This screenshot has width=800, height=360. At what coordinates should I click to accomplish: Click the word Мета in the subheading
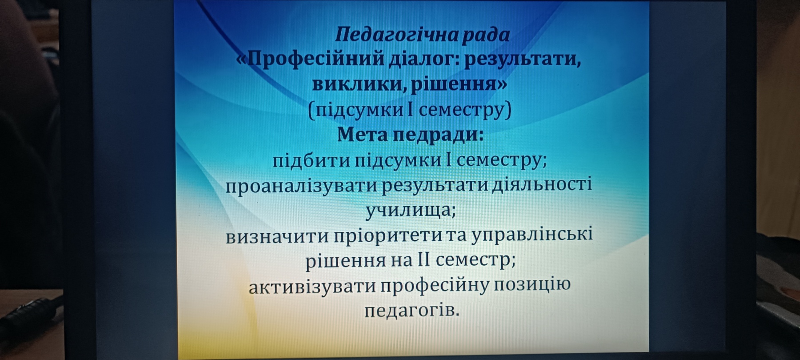pyautogui.click(x=364, y=135)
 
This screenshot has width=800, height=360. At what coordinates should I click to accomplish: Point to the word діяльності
pyautogui.click(x=542, y=184)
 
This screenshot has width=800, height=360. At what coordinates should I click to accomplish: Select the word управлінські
pyautogui.click(x=532, y=235)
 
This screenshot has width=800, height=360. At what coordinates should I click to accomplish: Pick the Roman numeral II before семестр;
pyautogui.click(x=424, y=259)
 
